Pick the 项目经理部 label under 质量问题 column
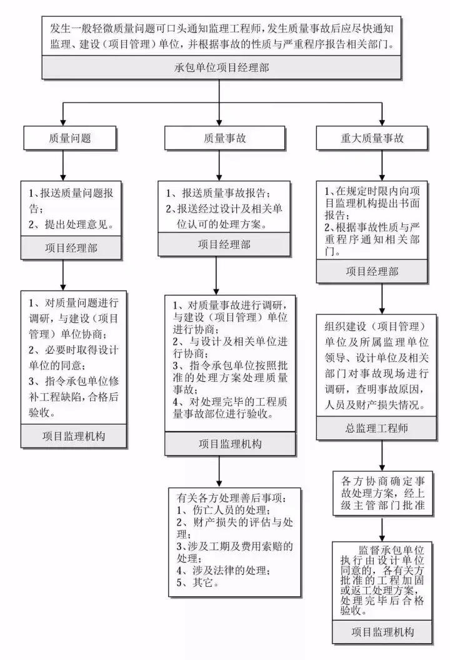tap(70, 247)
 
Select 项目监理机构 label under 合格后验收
tap(74, 435)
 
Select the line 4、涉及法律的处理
tap(222, 571)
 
